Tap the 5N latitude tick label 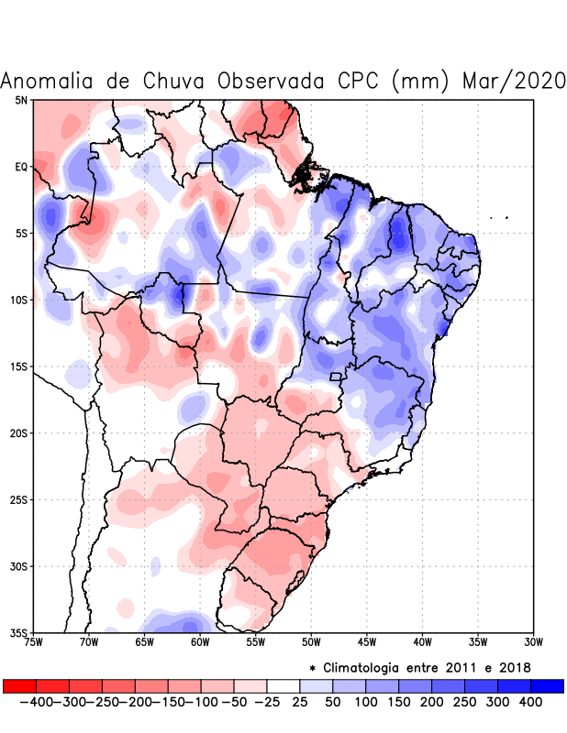(20, 100)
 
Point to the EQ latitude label (20, 167)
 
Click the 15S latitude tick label (17, 366)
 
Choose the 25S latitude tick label (17, 500)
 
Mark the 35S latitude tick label (17, 633)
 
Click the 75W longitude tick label (33, 642)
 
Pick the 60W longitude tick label (200, 642)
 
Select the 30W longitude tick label (533, 642)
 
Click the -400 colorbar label (36, 702)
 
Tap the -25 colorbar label (267, 702)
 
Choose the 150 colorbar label (399, 702)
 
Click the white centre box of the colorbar (283, 685)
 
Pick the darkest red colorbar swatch (19, 685)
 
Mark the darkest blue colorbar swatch (548, 685)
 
